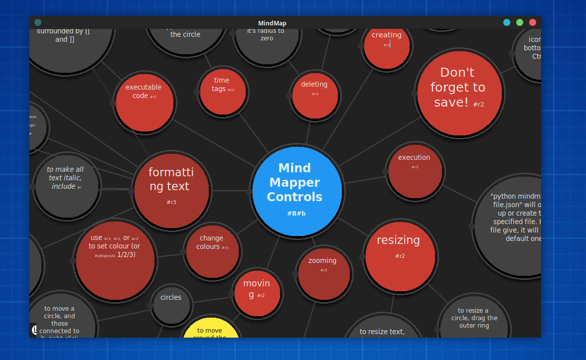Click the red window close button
(533, 22)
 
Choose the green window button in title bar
(520, 22)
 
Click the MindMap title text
(272, 23)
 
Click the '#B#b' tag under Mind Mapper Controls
(296, 214)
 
